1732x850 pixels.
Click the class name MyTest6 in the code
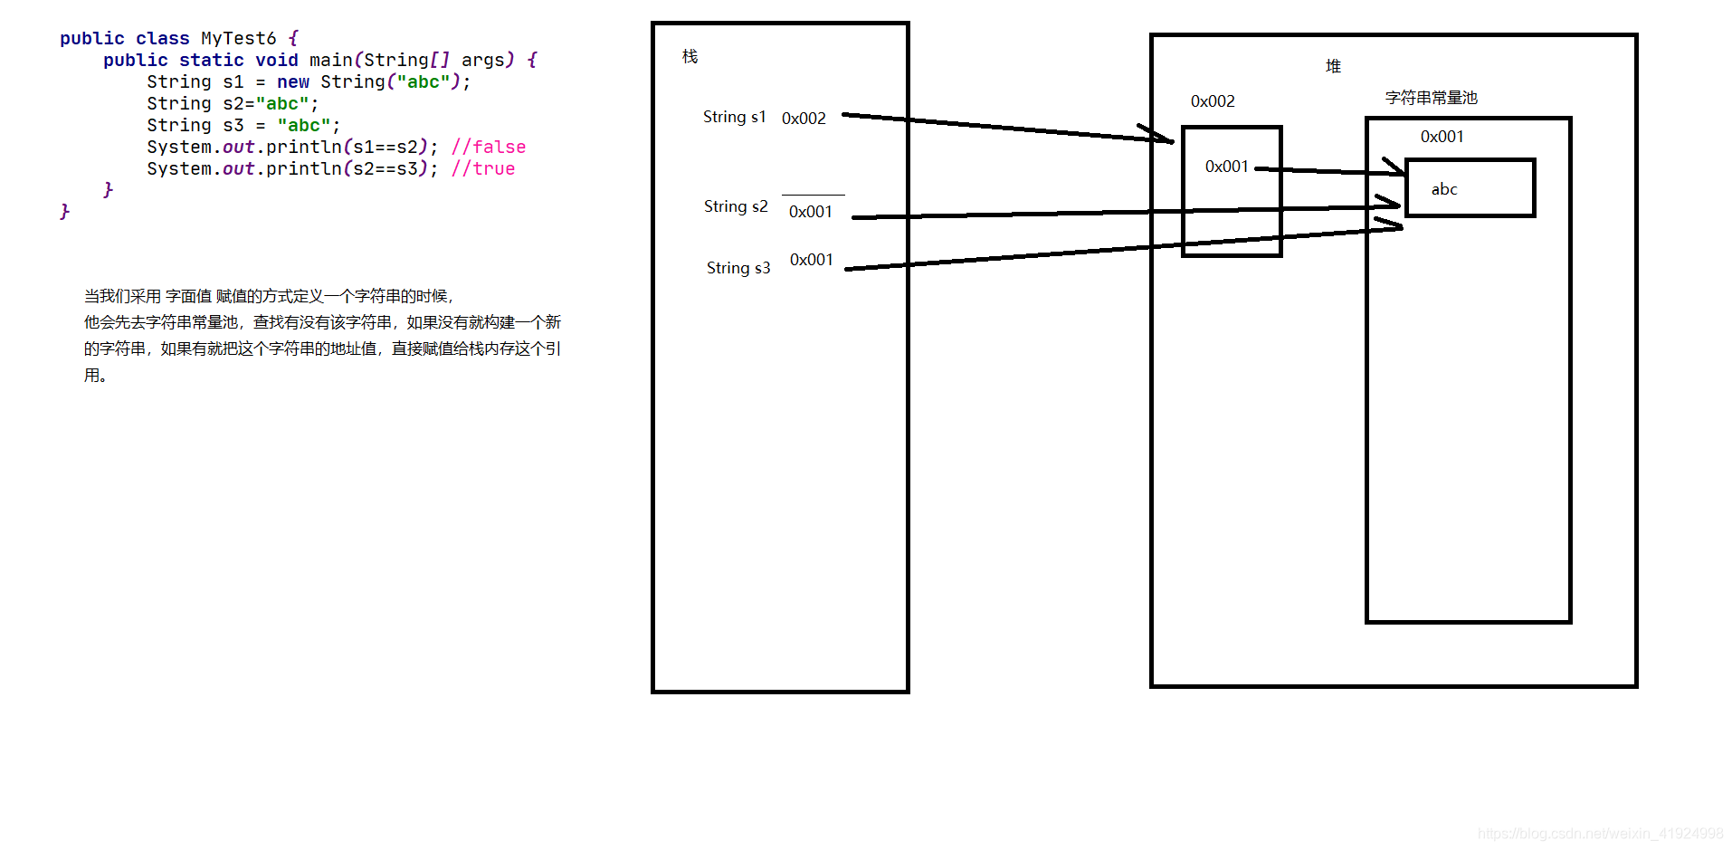[238, 38]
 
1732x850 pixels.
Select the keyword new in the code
[292, 81]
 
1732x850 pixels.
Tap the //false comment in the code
[489, 147]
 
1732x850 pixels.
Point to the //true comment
[483, 168]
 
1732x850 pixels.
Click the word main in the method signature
[330, 60]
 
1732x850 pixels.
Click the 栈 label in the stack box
[690, 57]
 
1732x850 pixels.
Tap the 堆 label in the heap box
[1333, 66]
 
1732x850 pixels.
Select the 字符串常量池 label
[1431, 98]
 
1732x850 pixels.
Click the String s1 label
[734, 117]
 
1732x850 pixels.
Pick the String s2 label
[736, 206]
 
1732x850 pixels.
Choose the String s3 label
[738, 268]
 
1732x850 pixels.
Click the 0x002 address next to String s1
[804, 119]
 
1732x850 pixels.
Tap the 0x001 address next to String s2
[810, 212]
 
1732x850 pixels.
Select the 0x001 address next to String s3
[811, 260]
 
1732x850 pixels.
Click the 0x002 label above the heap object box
[1213, 101]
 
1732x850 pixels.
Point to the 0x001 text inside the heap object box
[1226, 167]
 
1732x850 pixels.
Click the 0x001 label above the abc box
[1442, 137]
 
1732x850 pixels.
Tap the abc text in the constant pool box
[1444, 189]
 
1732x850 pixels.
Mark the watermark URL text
[1600, 834]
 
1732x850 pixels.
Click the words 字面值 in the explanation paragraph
[188, 296]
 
